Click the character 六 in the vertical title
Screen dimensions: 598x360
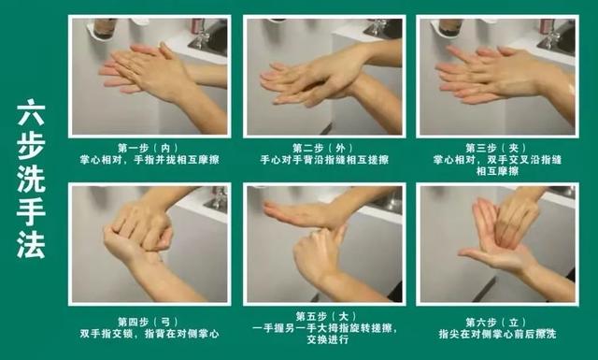pos(31,112)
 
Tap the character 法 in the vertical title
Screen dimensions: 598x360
pos(31,244)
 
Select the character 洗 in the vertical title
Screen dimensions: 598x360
pos(31,179)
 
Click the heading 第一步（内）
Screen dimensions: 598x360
pos(148,148)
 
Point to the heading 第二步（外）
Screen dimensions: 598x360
pos(323,148)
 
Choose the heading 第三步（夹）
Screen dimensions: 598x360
pos(496,148)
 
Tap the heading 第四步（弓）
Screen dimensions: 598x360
pos(148,322)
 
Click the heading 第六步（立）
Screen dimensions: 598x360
pos(496,322)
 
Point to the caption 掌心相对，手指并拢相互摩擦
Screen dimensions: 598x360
pos(149,159)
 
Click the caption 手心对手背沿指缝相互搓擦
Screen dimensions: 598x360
pos(324,159)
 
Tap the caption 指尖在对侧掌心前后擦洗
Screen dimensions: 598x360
pos(497,334)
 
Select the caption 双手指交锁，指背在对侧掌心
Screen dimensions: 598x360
pos(149,334)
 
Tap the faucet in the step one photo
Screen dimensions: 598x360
pos(200,33)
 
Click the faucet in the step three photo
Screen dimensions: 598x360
pos(549,33)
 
